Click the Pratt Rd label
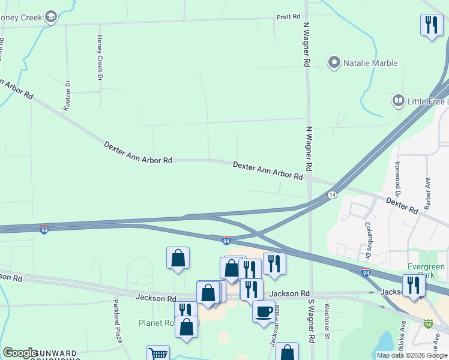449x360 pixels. click(x=288, y=17)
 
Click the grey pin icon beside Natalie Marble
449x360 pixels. click(x=334, y=62)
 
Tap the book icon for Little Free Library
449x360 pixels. click(x=398, y=101)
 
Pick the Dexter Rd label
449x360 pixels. click(x=402, y=206)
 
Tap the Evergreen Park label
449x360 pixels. click(x=426, y=271)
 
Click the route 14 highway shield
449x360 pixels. click(x=331, y=195)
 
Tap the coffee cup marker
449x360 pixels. click(x=264, y=311)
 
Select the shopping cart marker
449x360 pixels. click(x=158, y=354)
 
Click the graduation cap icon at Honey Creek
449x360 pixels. click(x=52, y=17)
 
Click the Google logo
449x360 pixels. click(x=20, y=353)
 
